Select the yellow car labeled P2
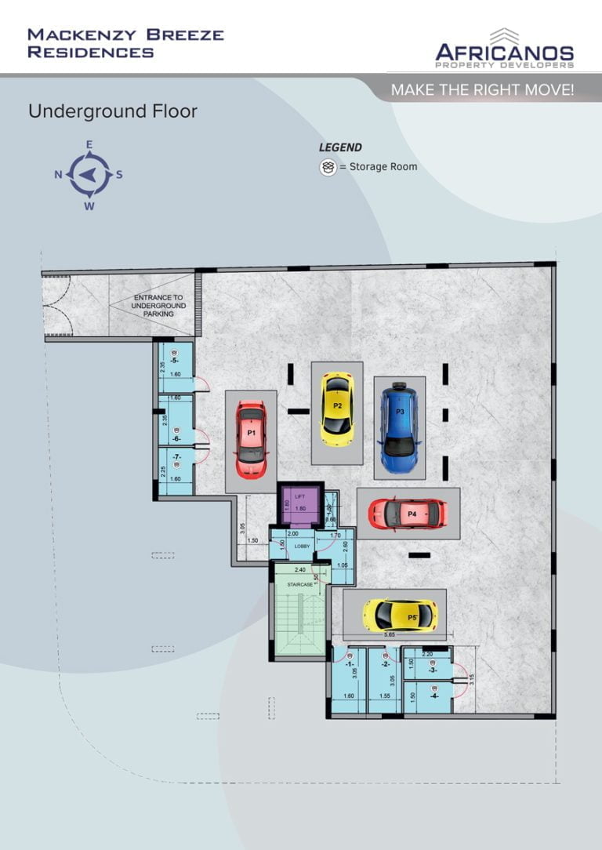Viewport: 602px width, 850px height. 337,408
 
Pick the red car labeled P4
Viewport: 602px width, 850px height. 408,514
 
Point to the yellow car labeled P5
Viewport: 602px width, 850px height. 400,616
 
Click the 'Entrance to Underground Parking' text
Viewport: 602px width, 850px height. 159,306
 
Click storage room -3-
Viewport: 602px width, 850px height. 432,669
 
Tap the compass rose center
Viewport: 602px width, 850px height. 89,175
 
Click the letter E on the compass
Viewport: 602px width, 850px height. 89,144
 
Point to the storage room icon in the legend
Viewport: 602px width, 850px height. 328,167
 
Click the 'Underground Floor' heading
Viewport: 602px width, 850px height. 113,111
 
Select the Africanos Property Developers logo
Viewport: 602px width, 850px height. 505,49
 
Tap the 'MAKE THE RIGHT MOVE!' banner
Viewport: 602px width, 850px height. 482,90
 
